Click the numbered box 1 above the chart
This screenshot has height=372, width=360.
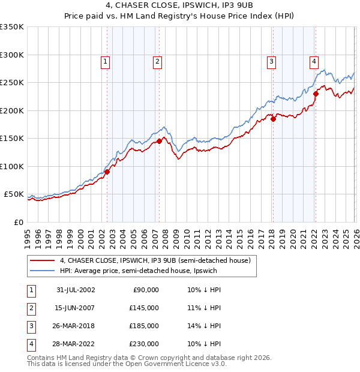pyautogui.click(x=105, y=61)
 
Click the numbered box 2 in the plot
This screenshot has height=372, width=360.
pyautogui.click(x=157, y=61)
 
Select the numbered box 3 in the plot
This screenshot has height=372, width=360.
pyautogui.click(x=271, y=61)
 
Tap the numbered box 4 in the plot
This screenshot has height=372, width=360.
pyautogui.click(x=314, y=61)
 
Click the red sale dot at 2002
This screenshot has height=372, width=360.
pyautogui.click(x=107, y=172)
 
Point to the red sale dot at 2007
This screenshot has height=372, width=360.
pyautogui.click(x=159, y=141)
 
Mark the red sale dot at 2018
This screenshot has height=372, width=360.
pyautogui.click(x=273, y=119)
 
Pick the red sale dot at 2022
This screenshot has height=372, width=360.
pyautogui.click(x=316, y=94)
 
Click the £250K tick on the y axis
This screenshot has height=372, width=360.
pyautogui.click(x=12, y=83)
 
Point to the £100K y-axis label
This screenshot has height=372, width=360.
pyautogui.click(x=12, y=166)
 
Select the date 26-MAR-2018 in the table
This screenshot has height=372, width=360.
pyautogui.click(x=75, y=326)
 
